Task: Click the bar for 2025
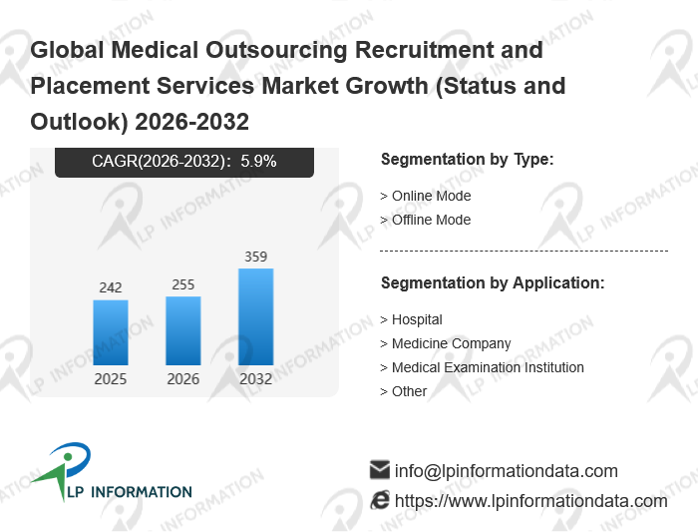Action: click(111, 332)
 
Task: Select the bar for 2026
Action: click(183, 330)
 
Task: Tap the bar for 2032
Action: click(256, 316)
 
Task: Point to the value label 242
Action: click(111, 287)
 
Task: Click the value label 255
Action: click(183, 284)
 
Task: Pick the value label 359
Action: click(256, 257)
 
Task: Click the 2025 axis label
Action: click(111, 379)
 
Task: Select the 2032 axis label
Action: click(256, 379)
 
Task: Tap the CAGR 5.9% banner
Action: click(184, 161)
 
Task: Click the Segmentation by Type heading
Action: click(467, 160)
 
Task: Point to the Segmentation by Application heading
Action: click(493, 283)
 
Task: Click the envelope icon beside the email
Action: click(379, 470)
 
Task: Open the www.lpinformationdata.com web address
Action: click(530, 500)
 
